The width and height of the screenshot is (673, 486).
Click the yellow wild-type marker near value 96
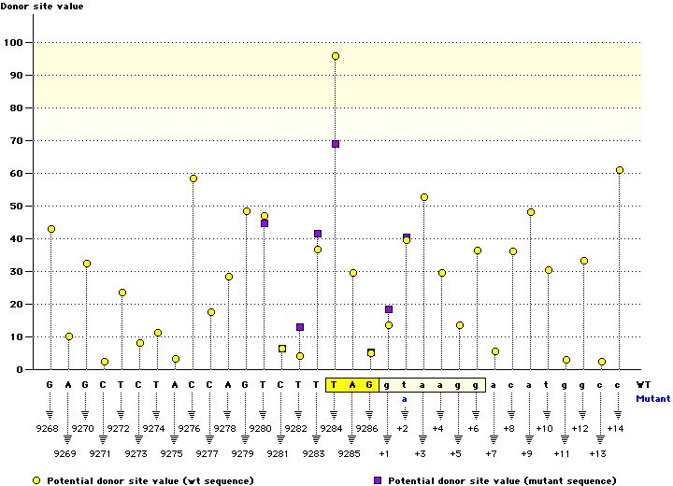[x=336, y=56]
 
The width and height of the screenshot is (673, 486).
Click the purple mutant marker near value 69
[x=336, y=144]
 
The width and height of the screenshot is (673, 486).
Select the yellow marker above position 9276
[x=193, y=179]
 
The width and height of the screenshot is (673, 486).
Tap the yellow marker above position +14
[x=620, y=170]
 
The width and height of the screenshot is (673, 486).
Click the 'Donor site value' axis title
[x=41, y=7]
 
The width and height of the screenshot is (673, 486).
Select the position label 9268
[x=50, y=429]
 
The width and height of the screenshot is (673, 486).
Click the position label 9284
[x=334, y=429]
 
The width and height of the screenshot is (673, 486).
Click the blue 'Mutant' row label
[x=652, y=398]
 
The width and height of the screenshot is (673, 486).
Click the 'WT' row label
[x=643, y=384]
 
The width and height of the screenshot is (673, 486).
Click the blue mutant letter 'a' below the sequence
[x=406, y=398]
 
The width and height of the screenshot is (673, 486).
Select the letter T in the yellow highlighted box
[x=335, y=384]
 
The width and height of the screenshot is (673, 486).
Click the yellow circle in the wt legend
[x=36, y=480]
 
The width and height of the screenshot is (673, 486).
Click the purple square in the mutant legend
[x=377, y=480]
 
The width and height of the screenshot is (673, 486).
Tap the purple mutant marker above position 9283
[x=318, y=234]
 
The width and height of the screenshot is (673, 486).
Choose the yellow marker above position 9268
[x=51, y=229]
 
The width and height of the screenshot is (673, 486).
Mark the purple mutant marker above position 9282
[x=300, y=327]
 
